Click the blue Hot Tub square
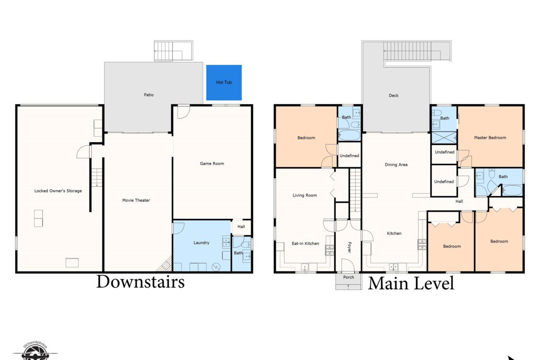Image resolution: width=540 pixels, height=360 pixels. pos(224,83)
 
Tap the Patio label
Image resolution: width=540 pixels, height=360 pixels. pos(149,95)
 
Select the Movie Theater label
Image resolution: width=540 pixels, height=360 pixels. pos(136,200)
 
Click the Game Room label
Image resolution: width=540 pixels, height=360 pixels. pos(212,163)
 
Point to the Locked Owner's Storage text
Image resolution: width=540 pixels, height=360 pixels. pos(58,191)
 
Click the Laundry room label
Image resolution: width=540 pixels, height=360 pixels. pos(201,243)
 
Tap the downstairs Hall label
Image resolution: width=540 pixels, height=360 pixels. pos(241,226)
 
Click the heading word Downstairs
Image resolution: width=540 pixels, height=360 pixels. pos(141,281)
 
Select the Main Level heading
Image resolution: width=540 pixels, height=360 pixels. pos(411,283)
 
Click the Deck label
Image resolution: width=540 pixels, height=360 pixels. pos(394,95)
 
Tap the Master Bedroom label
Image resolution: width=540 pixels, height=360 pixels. pos(490,137)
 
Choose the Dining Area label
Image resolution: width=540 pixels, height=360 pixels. pos(396,165)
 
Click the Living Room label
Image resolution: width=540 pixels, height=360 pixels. pos(305,195)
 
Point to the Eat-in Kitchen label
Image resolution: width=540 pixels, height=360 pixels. pos(306,243)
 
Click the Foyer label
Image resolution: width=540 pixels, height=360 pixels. pos(349,247)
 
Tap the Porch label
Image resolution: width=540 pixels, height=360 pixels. pos(349,277)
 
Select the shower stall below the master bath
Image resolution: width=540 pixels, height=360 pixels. pos(444,137)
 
